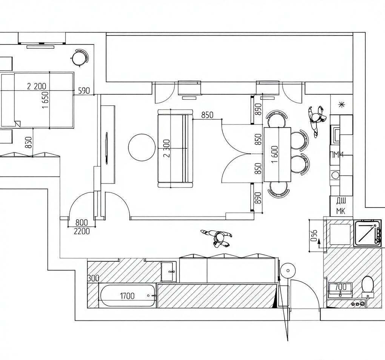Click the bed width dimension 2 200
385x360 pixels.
37,86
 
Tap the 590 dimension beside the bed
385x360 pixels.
84,91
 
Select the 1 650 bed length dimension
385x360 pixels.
45,100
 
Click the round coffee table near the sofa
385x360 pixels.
142,148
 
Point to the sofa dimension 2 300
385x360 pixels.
166,148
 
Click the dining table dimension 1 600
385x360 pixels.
275,154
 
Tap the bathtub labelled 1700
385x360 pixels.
128,295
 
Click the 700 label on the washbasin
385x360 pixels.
341,286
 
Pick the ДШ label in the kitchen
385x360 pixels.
341,201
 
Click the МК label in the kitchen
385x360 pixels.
340,211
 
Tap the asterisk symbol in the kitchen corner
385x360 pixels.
341,105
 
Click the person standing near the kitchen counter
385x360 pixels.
317,120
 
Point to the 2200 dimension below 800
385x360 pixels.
82,231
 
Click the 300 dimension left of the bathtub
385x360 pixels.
93,278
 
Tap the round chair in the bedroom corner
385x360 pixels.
80,58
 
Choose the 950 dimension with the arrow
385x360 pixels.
314,236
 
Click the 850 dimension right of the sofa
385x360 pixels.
208,115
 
